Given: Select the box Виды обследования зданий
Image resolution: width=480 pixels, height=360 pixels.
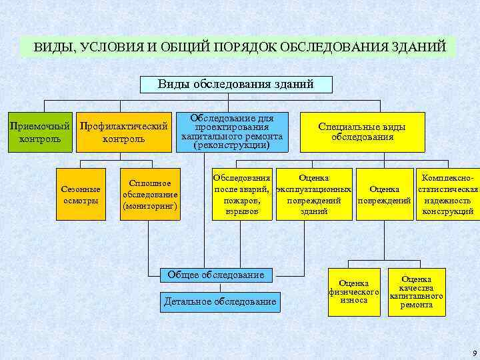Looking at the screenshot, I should (235, 85).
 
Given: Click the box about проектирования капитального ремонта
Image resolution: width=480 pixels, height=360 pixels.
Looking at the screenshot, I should (231, 131).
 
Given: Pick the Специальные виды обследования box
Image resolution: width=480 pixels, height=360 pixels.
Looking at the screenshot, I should (362, 132).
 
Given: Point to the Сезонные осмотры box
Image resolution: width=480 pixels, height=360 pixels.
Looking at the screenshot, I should (81, 195).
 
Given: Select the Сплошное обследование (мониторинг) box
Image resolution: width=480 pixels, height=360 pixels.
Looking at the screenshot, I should (150, 195).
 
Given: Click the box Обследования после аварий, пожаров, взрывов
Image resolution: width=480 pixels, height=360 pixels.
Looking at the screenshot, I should (241, 195).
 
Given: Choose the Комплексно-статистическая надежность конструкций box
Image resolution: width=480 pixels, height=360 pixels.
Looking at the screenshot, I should (448, 195).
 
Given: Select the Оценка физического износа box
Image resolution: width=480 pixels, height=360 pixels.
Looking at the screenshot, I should (354, 292).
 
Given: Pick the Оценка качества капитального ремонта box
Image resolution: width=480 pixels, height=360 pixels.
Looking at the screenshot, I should (417, 292).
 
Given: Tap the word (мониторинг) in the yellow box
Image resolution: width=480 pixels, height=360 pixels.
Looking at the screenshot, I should (150, 206).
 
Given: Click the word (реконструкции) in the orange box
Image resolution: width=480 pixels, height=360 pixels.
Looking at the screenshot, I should (231, 145).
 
